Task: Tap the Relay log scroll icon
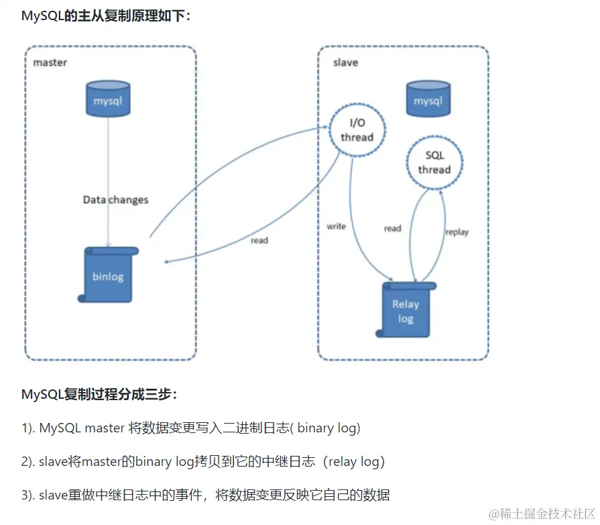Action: [406, 309]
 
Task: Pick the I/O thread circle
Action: [357, 130]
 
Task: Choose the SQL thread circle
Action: [434, 162]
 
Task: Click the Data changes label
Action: [115, 199]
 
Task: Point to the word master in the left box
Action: [50, 62]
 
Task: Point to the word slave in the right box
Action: [345, 62]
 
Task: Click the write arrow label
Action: [336, 226]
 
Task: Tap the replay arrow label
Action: [457, 232]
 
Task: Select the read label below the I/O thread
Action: [259, 240]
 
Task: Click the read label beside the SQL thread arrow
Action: [392, 228]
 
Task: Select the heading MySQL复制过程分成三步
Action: [99, 394]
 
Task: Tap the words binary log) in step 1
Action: [328, 428]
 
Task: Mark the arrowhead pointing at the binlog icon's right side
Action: [167, 262]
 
